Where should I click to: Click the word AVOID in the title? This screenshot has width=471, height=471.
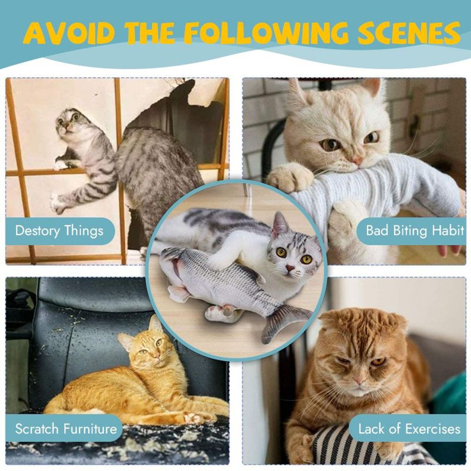click(x=70, y=33)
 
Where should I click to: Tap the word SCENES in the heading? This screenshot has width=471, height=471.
click(x=409, y=33)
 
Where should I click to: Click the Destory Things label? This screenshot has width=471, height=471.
click(x=59, y=231)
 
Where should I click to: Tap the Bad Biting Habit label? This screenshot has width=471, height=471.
click(x=415, y=231)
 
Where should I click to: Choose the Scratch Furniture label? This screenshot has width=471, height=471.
click(x=66, y=429)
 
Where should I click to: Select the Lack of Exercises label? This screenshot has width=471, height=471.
click(x=409, y=429)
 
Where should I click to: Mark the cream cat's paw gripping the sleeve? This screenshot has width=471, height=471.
click(x=289, y=177)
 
